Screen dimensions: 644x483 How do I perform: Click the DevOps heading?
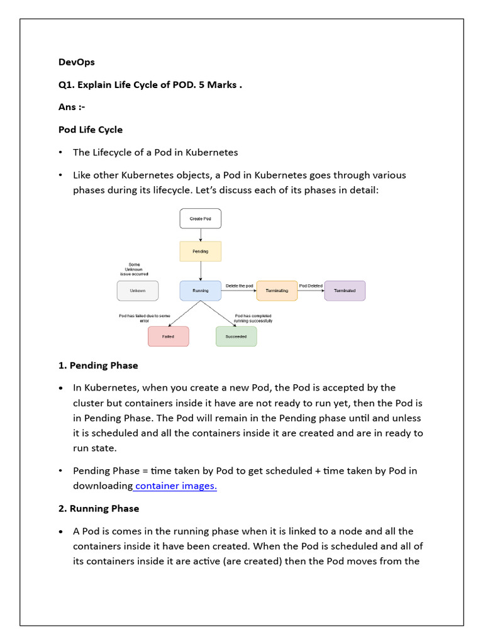pos(76,62)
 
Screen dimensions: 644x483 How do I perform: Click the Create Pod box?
pos(200,218)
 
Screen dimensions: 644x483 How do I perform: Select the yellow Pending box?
pos(200,252)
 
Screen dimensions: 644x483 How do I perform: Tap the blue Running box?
pos(200,291)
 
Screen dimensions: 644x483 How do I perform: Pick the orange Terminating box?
pos(277,291)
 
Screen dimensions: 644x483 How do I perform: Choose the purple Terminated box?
pos(345,291)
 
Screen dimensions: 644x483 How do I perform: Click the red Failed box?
pos(168,336)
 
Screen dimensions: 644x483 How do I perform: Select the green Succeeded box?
pos(236,336)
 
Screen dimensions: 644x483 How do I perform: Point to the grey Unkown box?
pos(137,291)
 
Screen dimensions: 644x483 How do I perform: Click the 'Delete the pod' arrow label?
pos(239,286)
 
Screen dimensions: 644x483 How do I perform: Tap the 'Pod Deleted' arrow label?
pos(311,286)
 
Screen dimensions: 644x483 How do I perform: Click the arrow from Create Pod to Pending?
pos(200,235)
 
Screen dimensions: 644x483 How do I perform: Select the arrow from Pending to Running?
pos(200,270)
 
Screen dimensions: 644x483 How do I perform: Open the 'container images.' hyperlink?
pos(175,486)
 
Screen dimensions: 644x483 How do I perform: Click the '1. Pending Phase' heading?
pos(98,365)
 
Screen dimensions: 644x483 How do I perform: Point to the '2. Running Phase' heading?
pos(99,508)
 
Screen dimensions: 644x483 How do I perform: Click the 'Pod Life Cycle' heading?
pos(91,130)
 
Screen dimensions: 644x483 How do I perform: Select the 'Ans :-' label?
pos(72,107)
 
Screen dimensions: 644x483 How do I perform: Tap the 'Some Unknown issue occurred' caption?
pos(135,269)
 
